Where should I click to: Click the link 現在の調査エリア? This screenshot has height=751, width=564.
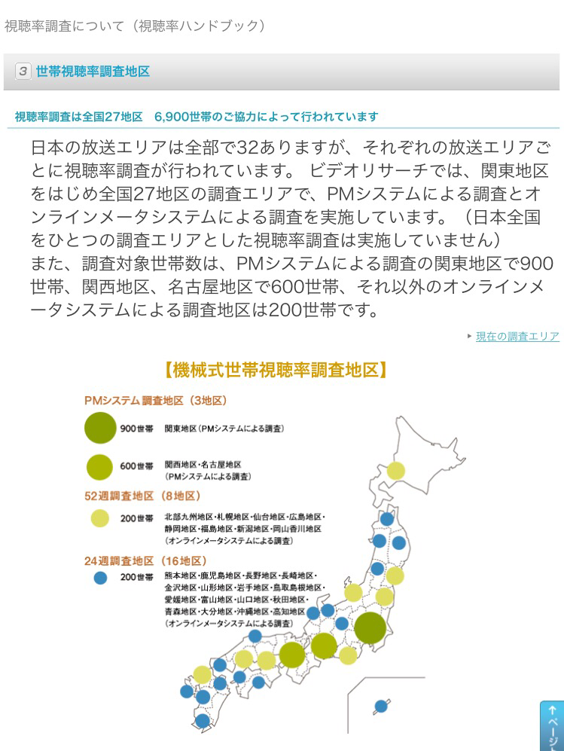[x=517, y=337]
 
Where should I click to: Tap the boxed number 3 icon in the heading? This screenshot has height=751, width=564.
[x=23, y=72]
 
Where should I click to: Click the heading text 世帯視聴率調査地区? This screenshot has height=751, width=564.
[x=93, y=72]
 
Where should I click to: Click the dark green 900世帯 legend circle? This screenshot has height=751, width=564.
[x=100, y=428]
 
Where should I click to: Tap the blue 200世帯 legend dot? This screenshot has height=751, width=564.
[x=100, y=578]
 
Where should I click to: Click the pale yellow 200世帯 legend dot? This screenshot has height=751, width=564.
[x=100, y=518]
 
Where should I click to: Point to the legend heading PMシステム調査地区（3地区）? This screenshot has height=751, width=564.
[x=155, y=401]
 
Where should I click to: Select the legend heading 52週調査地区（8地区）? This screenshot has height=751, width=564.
[x=142, y=496]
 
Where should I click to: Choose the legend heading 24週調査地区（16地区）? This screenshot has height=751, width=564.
[x=145, y=561]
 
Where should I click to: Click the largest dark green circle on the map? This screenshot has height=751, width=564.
[x=370, y=628]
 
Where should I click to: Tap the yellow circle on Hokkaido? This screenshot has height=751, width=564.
[x=395, y=471]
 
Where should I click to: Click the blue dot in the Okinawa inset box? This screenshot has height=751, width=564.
[x=381, y=706]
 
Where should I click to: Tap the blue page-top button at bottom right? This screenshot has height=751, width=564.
[x=552, y=725]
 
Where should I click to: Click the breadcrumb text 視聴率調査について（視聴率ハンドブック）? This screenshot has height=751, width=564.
[x=136, y=26]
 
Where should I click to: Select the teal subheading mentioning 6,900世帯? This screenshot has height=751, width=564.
[x=197, y=117]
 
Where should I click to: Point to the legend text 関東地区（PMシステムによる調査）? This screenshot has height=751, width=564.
[x=224, y=429]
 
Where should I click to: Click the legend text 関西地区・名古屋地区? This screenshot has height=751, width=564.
[x=203, y=465]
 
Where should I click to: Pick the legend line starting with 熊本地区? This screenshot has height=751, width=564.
[x=241, y=575]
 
